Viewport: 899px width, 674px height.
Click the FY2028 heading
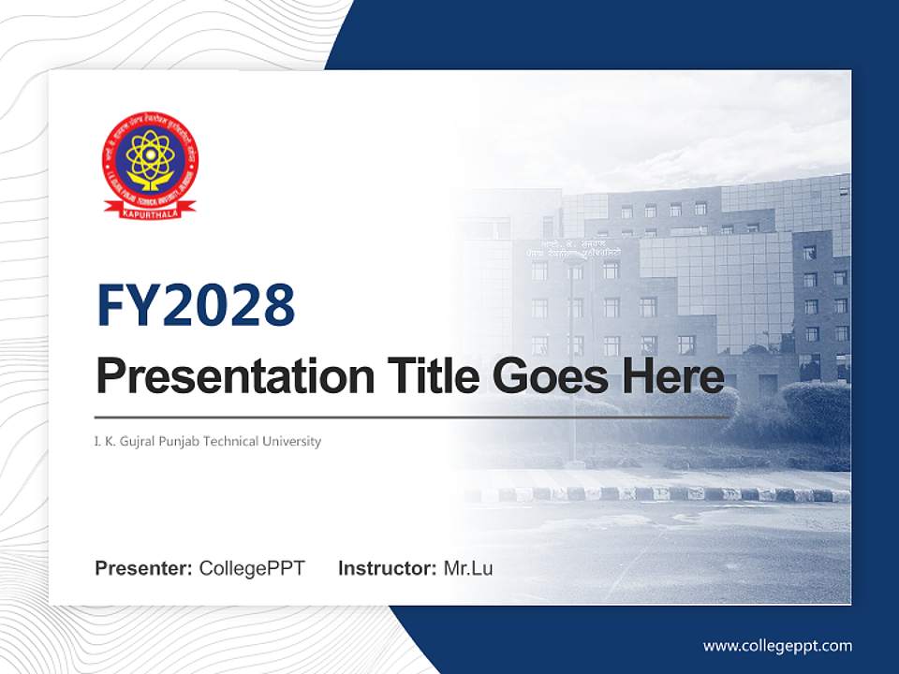(196, 305)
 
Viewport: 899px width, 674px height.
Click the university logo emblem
(150, 164)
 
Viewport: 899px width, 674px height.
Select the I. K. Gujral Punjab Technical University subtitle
(208, 441)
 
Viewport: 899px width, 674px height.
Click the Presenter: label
(144, 568)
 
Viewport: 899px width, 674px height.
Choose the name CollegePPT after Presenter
(252, 568)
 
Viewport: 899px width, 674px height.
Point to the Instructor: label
(387, 568)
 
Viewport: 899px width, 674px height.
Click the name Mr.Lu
(468, 568)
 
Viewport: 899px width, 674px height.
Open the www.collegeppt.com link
(777, 645)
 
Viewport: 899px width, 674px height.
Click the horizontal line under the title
(412, 417)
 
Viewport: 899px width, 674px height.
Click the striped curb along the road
(656, 493)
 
